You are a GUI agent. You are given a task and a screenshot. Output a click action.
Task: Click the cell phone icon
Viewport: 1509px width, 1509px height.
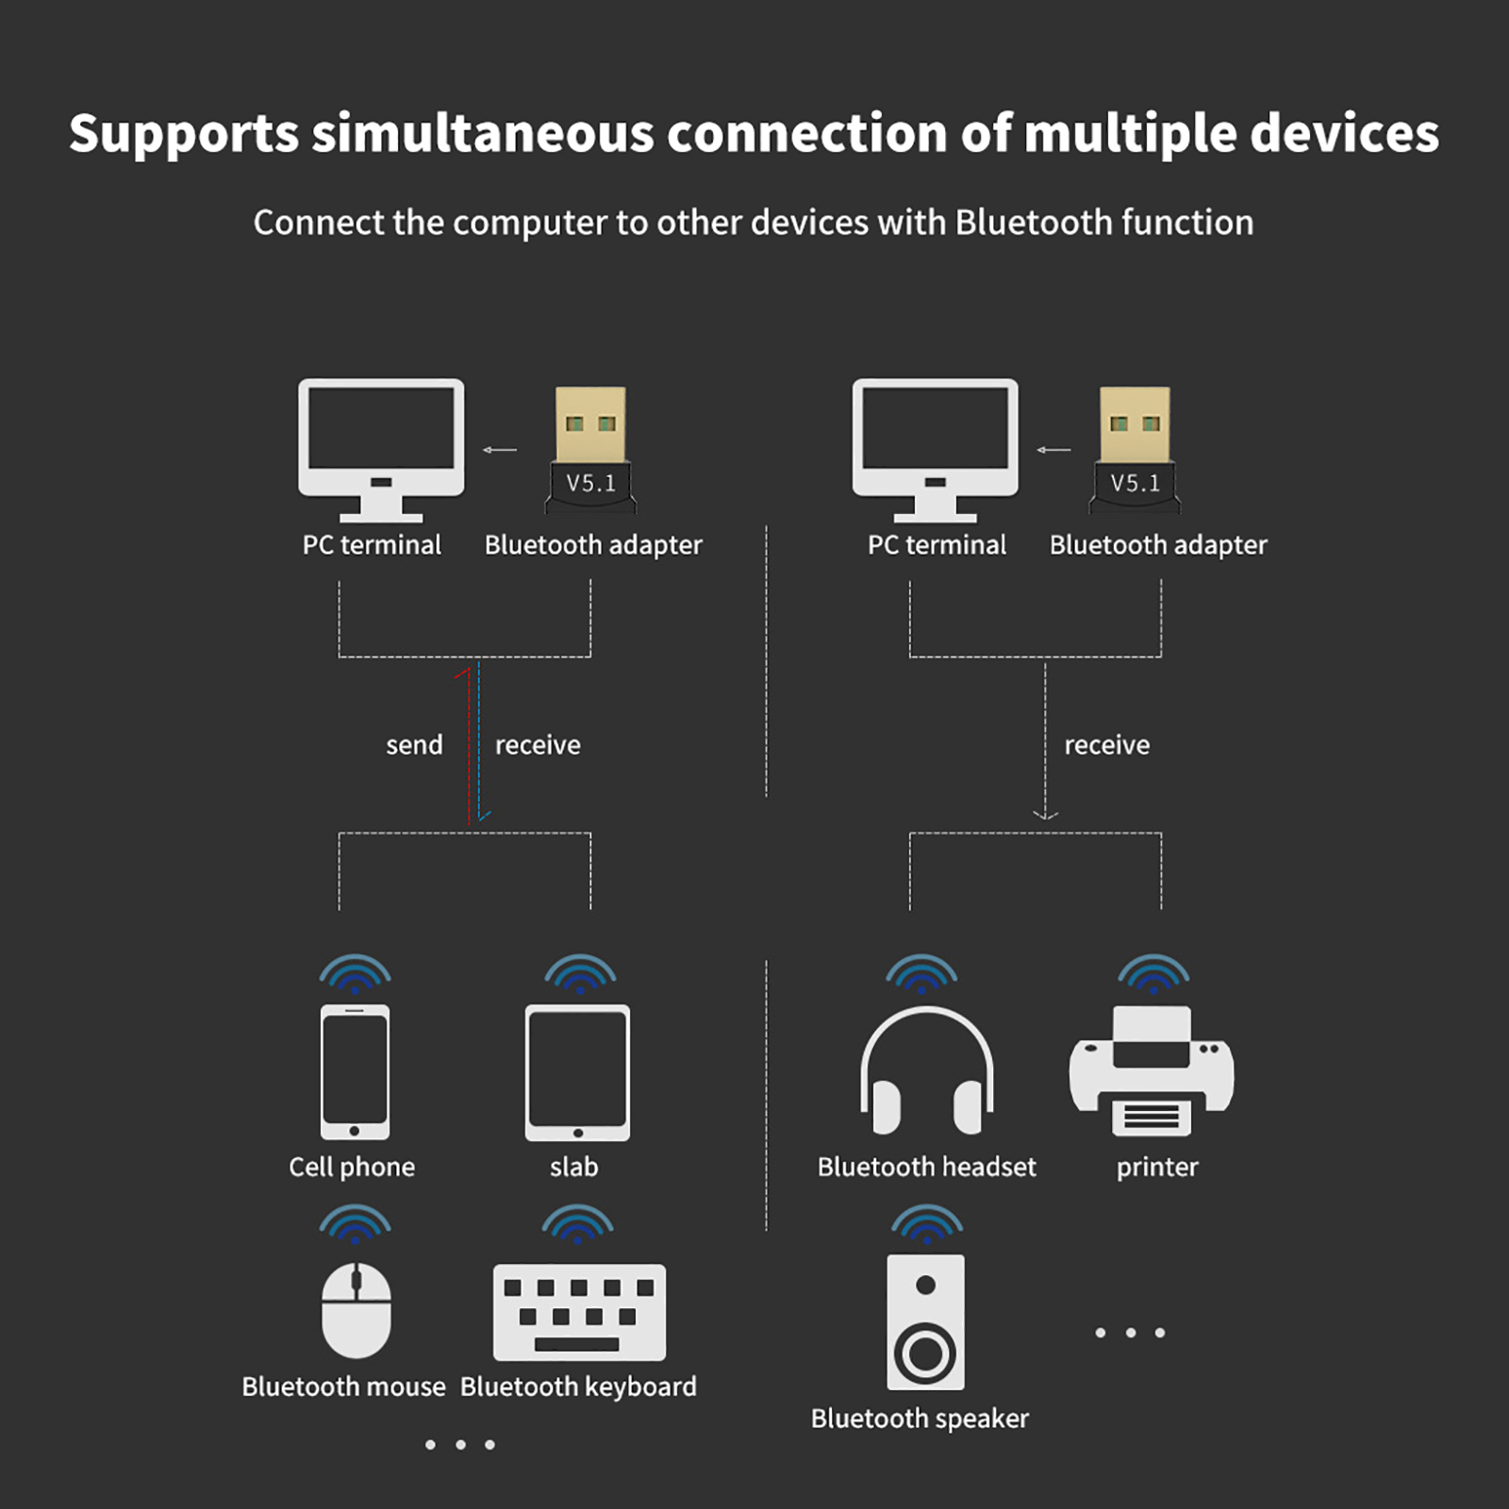[x=355, y=1072]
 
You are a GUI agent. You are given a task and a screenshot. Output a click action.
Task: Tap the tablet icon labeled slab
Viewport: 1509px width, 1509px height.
[x=577, y=1073]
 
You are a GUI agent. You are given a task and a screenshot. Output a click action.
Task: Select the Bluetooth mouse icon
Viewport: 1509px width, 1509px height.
[x=357, y=1310]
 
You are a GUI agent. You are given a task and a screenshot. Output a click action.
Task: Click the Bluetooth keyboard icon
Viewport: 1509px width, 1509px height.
[x=579, y=1312]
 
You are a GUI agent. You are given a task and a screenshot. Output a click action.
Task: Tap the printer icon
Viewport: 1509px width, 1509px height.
[x=1152, y=1071]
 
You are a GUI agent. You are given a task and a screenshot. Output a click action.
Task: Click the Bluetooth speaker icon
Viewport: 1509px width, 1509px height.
[x=925, y=1321]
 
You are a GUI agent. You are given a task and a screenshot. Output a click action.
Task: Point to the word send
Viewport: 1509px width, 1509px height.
[x=414, y=745]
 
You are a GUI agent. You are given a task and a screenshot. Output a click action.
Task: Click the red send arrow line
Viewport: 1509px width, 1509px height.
[x=468, y=746]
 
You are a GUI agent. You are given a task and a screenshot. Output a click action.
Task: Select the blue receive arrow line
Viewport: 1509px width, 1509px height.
[x=479, y=741]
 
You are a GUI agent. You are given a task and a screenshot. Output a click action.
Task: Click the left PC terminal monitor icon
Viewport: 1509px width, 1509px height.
[x=381, y=450]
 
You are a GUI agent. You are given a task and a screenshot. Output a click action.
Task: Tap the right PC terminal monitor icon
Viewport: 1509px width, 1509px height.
[x=936, y=450]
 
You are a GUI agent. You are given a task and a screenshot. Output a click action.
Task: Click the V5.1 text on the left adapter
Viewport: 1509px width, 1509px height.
[x=590, y=483]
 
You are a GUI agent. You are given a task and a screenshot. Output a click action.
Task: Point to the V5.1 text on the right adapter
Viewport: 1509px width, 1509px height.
[x=1135, y=483]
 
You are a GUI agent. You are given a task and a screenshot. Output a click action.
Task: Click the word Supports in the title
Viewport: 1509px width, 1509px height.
[x=184, y=134]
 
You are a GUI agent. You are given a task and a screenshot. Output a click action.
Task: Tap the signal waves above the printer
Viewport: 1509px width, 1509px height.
[x=1153, y=973]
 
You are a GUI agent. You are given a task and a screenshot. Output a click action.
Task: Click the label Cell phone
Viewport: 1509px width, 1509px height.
[x=352, y=1168]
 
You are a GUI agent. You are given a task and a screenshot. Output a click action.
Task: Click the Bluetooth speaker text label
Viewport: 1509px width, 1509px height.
[x=920, y=1418]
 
